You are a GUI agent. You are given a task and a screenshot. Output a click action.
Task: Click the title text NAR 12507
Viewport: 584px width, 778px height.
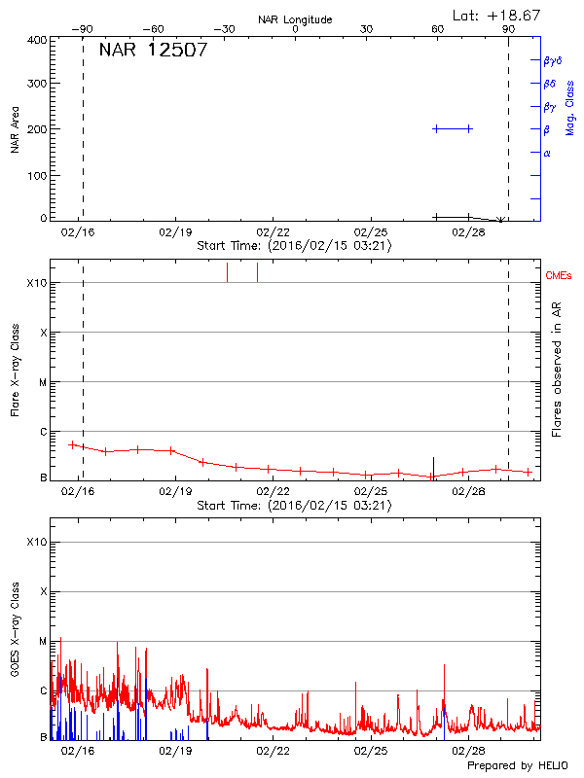coord(153,51)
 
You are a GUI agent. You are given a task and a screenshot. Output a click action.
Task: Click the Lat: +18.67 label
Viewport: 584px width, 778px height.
coord(497,15)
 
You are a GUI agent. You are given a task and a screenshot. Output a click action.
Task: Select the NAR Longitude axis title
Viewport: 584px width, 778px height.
coord(295,19)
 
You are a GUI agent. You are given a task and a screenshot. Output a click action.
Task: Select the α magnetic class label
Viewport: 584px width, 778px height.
coord(547,153)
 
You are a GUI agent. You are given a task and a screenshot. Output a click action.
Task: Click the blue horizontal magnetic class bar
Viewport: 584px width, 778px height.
coord(453,128)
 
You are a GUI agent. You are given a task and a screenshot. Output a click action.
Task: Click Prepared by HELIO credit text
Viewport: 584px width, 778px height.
coord(516,766)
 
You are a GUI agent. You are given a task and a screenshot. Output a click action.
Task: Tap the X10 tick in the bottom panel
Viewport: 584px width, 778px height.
coord(36,542)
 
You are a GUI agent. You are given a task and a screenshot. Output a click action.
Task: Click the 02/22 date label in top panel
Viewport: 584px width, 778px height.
coord(274,233)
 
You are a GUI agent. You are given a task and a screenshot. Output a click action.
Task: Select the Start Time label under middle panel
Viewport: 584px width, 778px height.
coord(294,506)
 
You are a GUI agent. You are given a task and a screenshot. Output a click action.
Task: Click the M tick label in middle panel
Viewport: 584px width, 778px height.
coord(43,382)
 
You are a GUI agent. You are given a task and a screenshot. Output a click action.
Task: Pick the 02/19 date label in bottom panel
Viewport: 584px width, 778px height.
coord(175,751)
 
